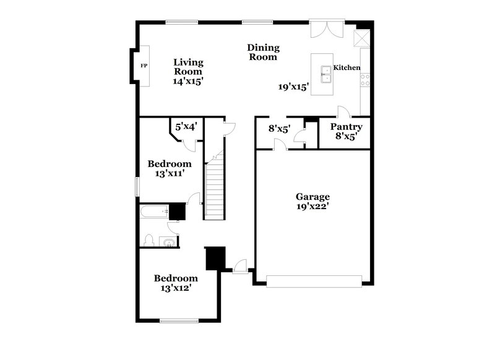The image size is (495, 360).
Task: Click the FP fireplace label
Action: tap(144, 66)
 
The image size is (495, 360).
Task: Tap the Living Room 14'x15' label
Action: tap(188, 71)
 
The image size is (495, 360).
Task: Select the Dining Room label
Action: tap(263, 52)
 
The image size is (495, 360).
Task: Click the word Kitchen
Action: tap(346, 67)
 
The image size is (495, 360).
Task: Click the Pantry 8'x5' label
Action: tap(346, 132)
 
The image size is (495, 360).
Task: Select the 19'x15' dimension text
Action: tap(293, 87)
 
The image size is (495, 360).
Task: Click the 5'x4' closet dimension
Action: tap(186, 126)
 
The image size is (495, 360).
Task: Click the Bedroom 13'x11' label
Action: tap(169, 169)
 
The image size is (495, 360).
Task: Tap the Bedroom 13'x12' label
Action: tap(176, 283)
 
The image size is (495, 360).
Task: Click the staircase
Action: tap(215, 186)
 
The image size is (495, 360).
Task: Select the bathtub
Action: tap(155, 213)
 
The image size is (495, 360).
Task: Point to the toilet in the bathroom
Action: tap(149, 240)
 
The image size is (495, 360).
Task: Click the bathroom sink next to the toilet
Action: tap(168, 241)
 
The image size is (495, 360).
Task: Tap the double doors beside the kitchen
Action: tap(324, 29)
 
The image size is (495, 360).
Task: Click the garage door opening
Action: tap(314, 283)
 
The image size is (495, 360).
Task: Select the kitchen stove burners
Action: tap(366, 79)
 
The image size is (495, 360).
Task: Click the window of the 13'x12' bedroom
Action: tap(178, 320)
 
